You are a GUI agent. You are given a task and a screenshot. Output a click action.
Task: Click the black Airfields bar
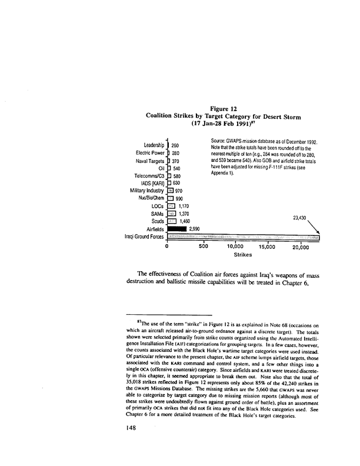pyautogui.click(x=176, y=229)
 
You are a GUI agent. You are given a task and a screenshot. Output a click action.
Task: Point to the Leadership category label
pyautogui.click(x=149, y=145)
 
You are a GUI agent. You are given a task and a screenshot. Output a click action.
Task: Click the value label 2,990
pyautogui.click(x=195, y=229)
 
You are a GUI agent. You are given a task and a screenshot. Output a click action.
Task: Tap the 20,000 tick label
pyautogui.click(x=301, y=248)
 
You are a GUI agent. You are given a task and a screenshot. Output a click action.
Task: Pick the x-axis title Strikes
pyautogui.click(x=243, y=256)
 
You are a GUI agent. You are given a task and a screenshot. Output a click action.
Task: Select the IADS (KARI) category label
pyautogui.click(x=149, y=183)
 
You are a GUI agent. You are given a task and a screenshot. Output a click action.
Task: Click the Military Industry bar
pyautogui.click(x=171, y=191)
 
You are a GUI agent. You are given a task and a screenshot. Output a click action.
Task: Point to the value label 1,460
pyautogui.click(x=186, y=221)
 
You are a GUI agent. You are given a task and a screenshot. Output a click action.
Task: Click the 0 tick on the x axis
pyautogui.click(x=168, y=248)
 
